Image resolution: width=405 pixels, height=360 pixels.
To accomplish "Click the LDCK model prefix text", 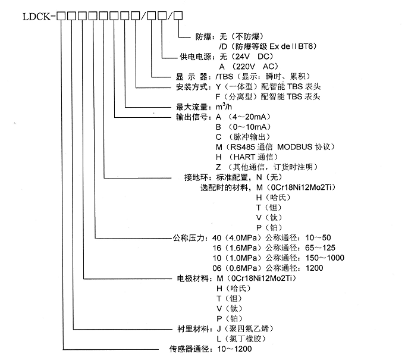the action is point(36,17).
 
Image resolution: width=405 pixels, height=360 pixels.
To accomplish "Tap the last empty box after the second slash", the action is point(178,15).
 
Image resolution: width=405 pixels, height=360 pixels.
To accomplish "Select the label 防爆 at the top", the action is point(203,37).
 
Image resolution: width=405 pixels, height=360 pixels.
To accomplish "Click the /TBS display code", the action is point(224,77).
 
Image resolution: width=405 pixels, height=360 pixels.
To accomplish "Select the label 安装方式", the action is point(192,87).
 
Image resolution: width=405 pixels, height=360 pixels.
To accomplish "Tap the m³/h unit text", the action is point(224,107).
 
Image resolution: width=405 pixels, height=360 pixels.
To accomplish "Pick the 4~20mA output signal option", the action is point(250,117).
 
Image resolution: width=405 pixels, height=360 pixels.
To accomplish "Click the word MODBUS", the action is point(295,147).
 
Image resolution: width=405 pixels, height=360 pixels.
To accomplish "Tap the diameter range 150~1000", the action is point(325,258).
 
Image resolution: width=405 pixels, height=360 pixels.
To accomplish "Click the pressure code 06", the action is point(217,268).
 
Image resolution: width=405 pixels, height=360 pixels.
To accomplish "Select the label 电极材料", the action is point(193,278).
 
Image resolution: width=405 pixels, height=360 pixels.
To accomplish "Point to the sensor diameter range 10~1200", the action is point(234,349).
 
